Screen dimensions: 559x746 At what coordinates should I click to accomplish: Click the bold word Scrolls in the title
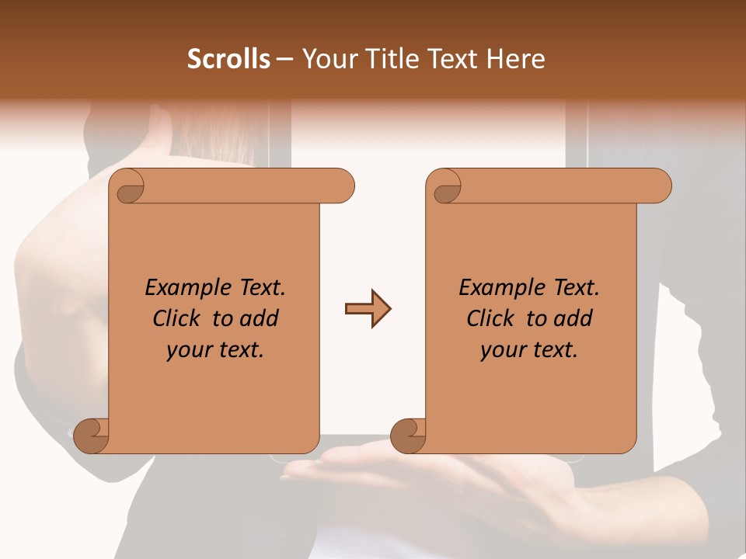[x=229, y=59]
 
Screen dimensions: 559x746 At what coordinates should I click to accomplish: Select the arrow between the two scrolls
[x=368, y=309]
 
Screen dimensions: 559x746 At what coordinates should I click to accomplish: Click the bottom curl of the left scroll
[x=90, y=436]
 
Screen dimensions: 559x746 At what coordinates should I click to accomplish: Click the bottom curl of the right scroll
[x=407, y=436]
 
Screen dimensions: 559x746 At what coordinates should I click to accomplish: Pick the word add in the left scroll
[x=260, y=318]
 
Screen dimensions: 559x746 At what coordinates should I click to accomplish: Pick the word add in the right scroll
[x=574, y=318]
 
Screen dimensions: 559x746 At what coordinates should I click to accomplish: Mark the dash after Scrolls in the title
[x=284, y=59]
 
